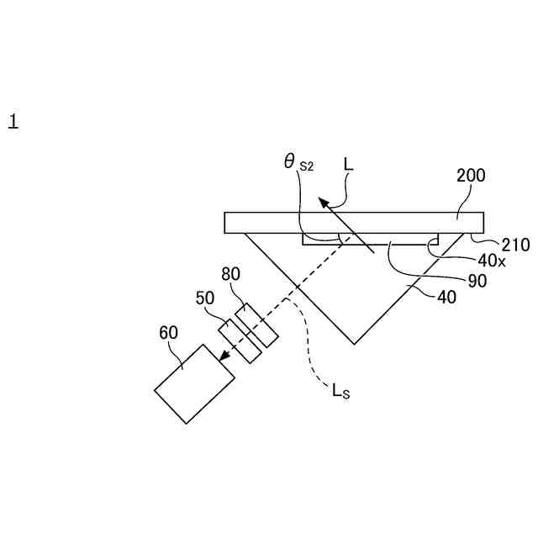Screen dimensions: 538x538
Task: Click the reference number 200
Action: [471, 177]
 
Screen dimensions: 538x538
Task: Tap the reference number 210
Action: [515, 245]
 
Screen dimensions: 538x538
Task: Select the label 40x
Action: [492, 261]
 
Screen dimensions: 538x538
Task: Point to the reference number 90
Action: [477, 282]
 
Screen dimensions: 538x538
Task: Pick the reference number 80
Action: [231, 274]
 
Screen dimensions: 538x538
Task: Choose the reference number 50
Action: [205, 298]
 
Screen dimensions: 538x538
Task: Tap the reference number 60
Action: [168, 333]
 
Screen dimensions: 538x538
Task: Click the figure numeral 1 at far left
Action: [13, 122]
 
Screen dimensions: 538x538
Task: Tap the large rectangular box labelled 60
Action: [194, 383]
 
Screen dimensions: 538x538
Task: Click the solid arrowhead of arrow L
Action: [322, 201]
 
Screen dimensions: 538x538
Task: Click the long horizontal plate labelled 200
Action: [353, 222]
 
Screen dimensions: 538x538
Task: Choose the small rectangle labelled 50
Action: [240, 340]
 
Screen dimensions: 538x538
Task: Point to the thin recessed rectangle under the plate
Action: [370, 240]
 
